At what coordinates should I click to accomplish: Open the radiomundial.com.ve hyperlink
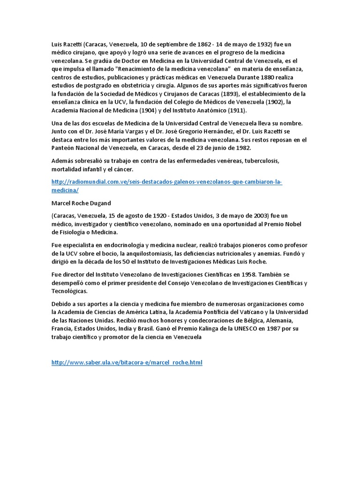tap(166, 182)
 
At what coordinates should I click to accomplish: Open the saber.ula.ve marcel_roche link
tap(127, 362)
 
